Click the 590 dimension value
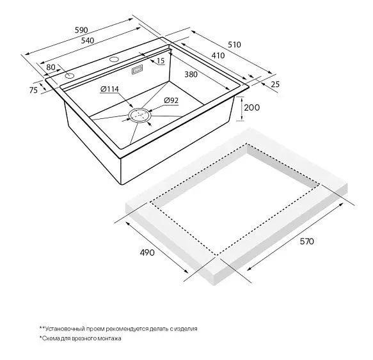tap(81, 30)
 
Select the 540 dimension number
tap(88, 41)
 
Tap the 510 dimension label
tap(234, 45)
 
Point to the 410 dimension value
tap(218, 56)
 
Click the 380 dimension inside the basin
tap(191, 74)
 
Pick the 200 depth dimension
tap(252, 107)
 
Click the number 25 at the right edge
tap(275, 84)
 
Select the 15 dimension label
tap(161, 61)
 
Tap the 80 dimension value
tap(51, 67)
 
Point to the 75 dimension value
tap(33, 90)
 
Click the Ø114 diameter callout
tap(109, 90)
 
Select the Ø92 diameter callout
tap(171, 100)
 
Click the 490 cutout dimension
tap(147, 253)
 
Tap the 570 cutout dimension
tap(306, 241)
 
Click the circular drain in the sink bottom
tap(140, 115)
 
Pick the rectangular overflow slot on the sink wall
tap(138, 70)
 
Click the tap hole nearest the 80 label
tap(70, 76)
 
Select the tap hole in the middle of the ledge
tap(115, 59)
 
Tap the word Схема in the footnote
tap(49, 338)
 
